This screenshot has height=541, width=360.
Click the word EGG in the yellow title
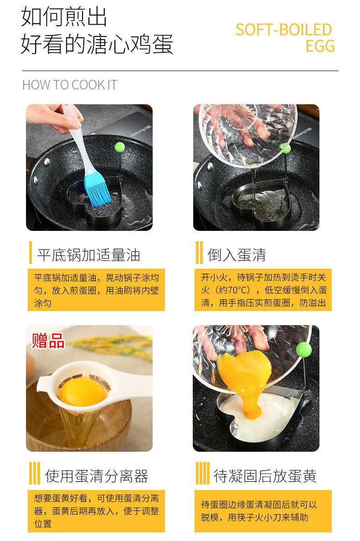[x=320, y=46]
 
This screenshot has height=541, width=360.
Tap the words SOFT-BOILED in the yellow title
[x=284, y=30]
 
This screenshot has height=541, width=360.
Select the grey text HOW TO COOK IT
[x=70, y=85]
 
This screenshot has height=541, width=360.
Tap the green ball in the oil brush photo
[x=120, y=148]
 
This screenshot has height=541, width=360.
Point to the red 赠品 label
[x=48, y=341]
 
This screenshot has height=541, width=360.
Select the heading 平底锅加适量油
[x=89, y=255]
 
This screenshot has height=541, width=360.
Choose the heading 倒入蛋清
[x=237, y=255]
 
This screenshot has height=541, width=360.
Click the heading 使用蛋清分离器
[x=97, y=476]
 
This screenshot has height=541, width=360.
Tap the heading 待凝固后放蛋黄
[x=265, y=476]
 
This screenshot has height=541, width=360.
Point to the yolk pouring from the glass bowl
[x=246, y=379]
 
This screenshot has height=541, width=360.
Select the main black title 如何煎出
[x=64, y=16]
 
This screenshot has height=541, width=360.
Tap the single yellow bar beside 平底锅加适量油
[x=31, y=253]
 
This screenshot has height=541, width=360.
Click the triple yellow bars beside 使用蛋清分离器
[x=35, y=474]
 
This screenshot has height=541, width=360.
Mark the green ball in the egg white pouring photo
[x=285, y=148]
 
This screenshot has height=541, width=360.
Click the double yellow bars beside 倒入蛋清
[x=199, y=253]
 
